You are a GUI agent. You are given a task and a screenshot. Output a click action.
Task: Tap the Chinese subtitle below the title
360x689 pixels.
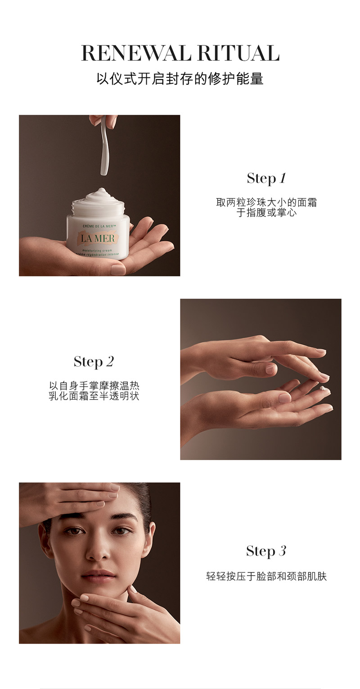(x=180, y=79)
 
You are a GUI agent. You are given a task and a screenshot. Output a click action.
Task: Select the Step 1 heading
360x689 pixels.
(x=266, y=178)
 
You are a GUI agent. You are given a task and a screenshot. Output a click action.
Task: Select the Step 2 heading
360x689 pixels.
(x=94, y=361)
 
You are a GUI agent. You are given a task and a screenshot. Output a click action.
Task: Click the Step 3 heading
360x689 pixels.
(x=266, y=551)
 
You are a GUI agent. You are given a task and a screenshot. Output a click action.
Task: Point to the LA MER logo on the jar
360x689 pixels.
(x=98, y=239)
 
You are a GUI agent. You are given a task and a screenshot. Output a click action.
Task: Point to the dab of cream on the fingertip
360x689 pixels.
(x=323, y=388)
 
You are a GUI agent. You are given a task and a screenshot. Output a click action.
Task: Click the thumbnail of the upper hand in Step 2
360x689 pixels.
(x=270, y=369)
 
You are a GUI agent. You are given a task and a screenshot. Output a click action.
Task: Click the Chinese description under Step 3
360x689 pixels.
(x=266, y=576)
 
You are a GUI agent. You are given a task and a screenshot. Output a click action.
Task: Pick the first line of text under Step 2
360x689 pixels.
(x=94, y=386)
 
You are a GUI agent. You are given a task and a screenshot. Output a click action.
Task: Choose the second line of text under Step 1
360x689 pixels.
(x=266, y=212)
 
